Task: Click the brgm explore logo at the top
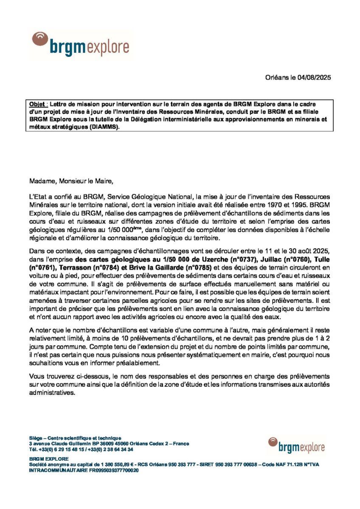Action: (80, 45)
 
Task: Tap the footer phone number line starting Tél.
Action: (81, 449)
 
